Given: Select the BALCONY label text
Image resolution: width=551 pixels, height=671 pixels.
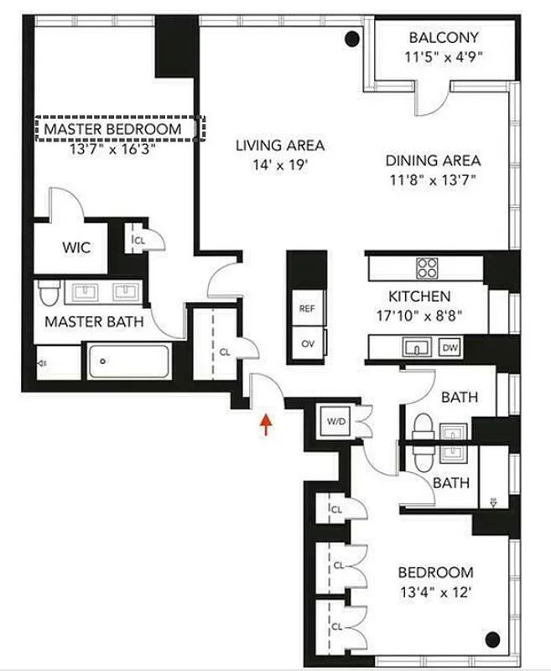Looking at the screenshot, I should (x=444, y=37).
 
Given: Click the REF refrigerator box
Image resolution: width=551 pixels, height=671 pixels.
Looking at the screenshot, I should (x=307, y=309).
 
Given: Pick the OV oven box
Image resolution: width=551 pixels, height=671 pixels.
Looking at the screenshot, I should (x=307, y=344).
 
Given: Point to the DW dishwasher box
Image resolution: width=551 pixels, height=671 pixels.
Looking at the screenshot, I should (x=450, y=346).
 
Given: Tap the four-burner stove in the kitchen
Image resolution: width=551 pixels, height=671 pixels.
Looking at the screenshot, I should (x=427, y=268).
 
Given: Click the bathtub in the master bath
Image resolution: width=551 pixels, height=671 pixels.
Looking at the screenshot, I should (x=129, y=362).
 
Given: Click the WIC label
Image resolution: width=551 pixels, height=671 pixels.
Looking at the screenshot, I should (x=75, y=248).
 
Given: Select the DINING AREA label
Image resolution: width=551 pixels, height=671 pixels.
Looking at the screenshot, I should (x=433, y=160).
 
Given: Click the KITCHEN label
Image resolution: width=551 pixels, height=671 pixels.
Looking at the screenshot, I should (x=419, y=296).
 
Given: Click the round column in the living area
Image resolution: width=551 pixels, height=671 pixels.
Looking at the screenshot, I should (x=354, y=38).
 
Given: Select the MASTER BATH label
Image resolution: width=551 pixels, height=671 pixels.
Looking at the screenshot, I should (x=94, y=321).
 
